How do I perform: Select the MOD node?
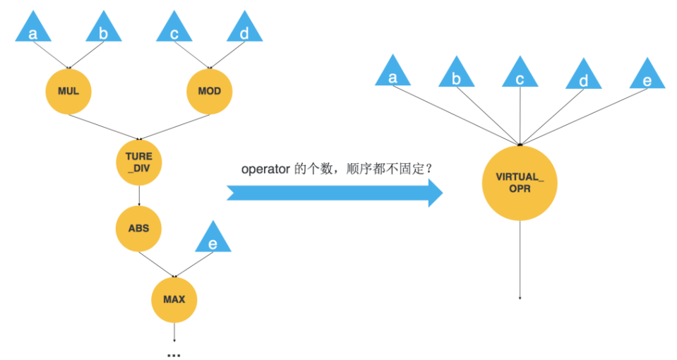[x=209, y=92]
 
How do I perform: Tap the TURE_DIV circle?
[x=138, y=162]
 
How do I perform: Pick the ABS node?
[x=138, y=228]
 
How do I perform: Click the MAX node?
[x=174, y=299]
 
